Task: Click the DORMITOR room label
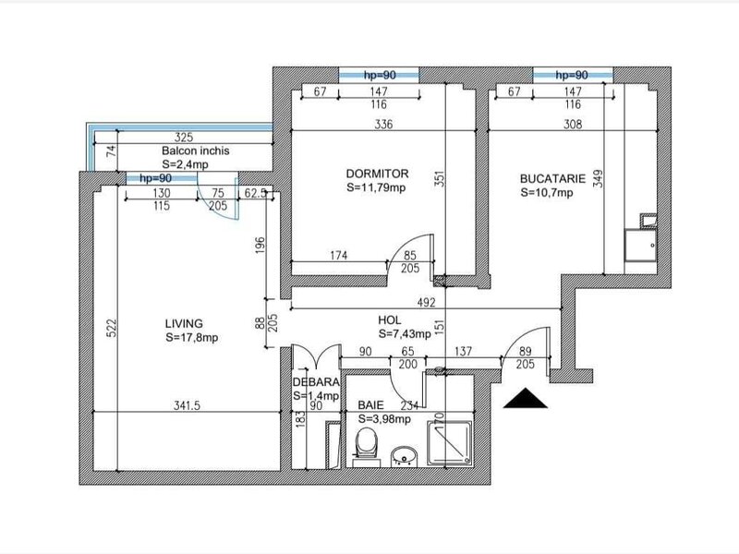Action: pos(377,174)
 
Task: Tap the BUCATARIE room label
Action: pos(552,178)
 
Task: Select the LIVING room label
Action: pos(184,324)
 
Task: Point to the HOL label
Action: pos(389,320)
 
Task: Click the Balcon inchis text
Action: pos(196,151)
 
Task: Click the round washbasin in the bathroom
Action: pos(404,456)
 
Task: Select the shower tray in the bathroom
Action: pos(449,443)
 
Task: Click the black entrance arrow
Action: pos(526,399)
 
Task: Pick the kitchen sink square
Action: pos(640,245)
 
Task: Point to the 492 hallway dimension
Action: pos(426,303)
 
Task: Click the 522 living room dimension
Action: pos(111,329)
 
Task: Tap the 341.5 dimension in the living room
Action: pos(187,405)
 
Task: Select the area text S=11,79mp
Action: pos(376,187)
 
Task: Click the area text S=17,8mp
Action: pos(192,338)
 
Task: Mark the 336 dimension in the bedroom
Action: pos(383,125)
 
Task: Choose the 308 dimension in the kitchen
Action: pos(573,125)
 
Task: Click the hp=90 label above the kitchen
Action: pos(572,75)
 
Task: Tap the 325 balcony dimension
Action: pos(184,137)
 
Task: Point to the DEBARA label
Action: pos(316,382)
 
